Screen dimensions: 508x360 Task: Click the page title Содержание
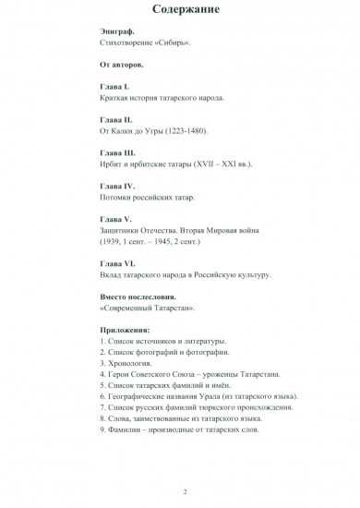pos(179,10)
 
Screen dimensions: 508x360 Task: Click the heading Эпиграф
pos(115,32)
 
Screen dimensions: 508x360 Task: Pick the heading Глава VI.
pos(116,263)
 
